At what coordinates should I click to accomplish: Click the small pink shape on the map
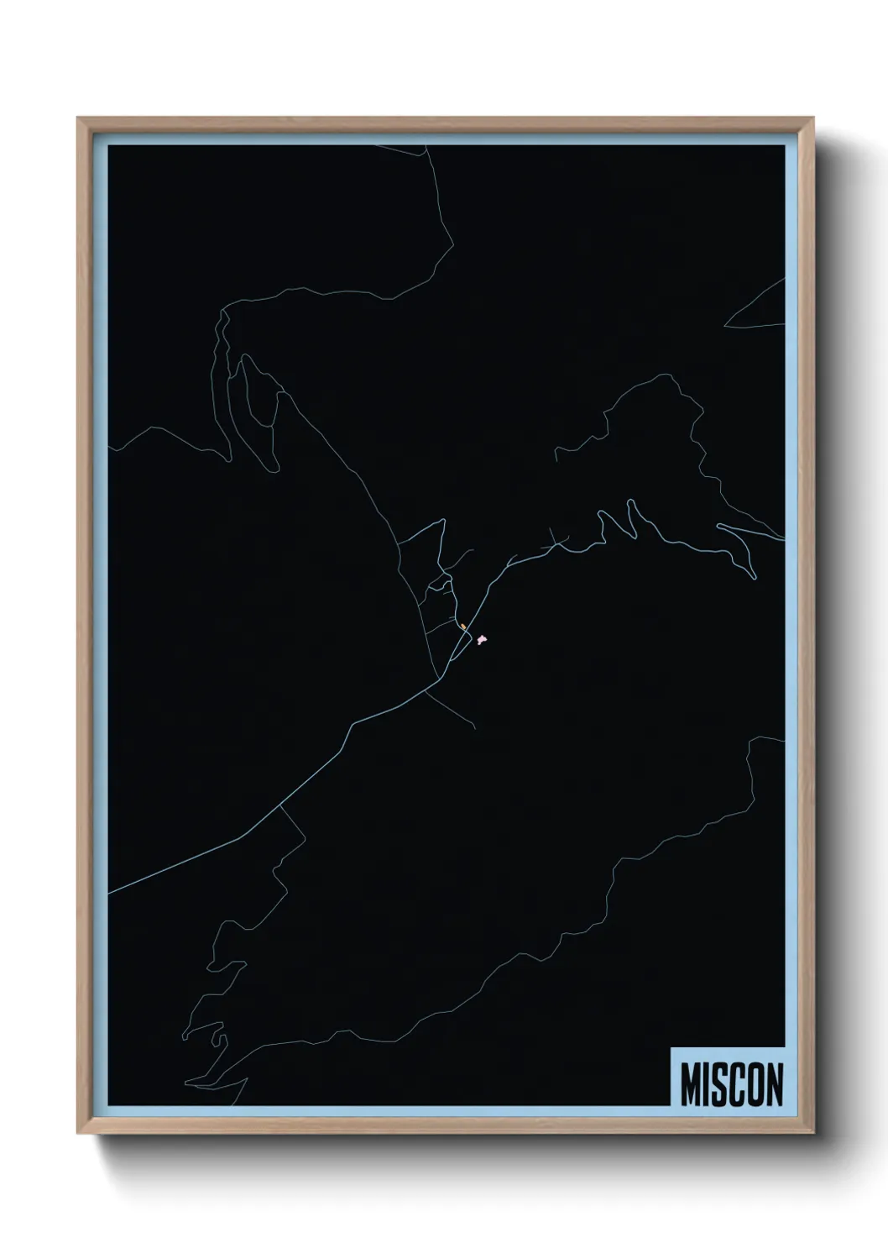[482, 640]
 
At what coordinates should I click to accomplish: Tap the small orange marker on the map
[462, 627]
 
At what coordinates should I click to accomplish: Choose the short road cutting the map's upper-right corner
[755, 302]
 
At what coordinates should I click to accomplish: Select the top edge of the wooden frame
[445, 123]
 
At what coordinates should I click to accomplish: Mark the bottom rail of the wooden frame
[445, 1128]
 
